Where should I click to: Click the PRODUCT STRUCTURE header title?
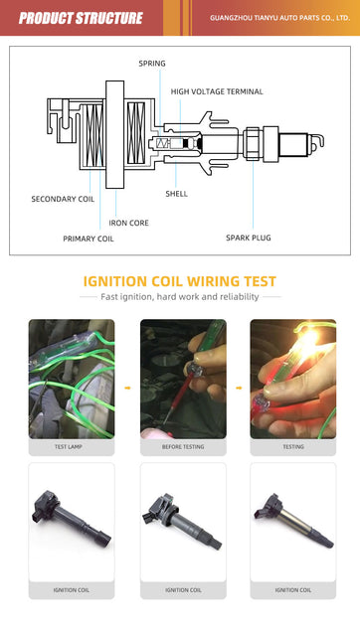pos(81,18)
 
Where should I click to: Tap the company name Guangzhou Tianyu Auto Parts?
pos(279,18)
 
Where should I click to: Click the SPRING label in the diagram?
pos(152,64)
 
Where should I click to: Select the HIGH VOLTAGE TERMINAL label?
pos(217,91)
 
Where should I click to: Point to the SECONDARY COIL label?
pos(63,199)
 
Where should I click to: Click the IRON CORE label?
pos(128,223)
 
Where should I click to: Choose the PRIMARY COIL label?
pos(89,238)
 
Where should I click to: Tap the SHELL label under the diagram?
pos(177,194)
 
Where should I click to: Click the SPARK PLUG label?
pos(249,238)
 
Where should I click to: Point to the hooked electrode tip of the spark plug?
pos(320,140)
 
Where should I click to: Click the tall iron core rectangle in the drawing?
pos(114,134)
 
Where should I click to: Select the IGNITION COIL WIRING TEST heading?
pos(180,281)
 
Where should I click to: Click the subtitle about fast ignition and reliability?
pos(180,296)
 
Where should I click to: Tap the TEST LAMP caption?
pos(69,446)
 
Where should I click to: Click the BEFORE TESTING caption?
pos(183,446)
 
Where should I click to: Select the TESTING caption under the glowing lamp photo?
pos(293,446)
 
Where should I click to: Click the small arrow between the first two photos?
pos(127,388)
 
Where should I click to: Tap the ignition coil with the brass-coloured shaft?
pos(293,521)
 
